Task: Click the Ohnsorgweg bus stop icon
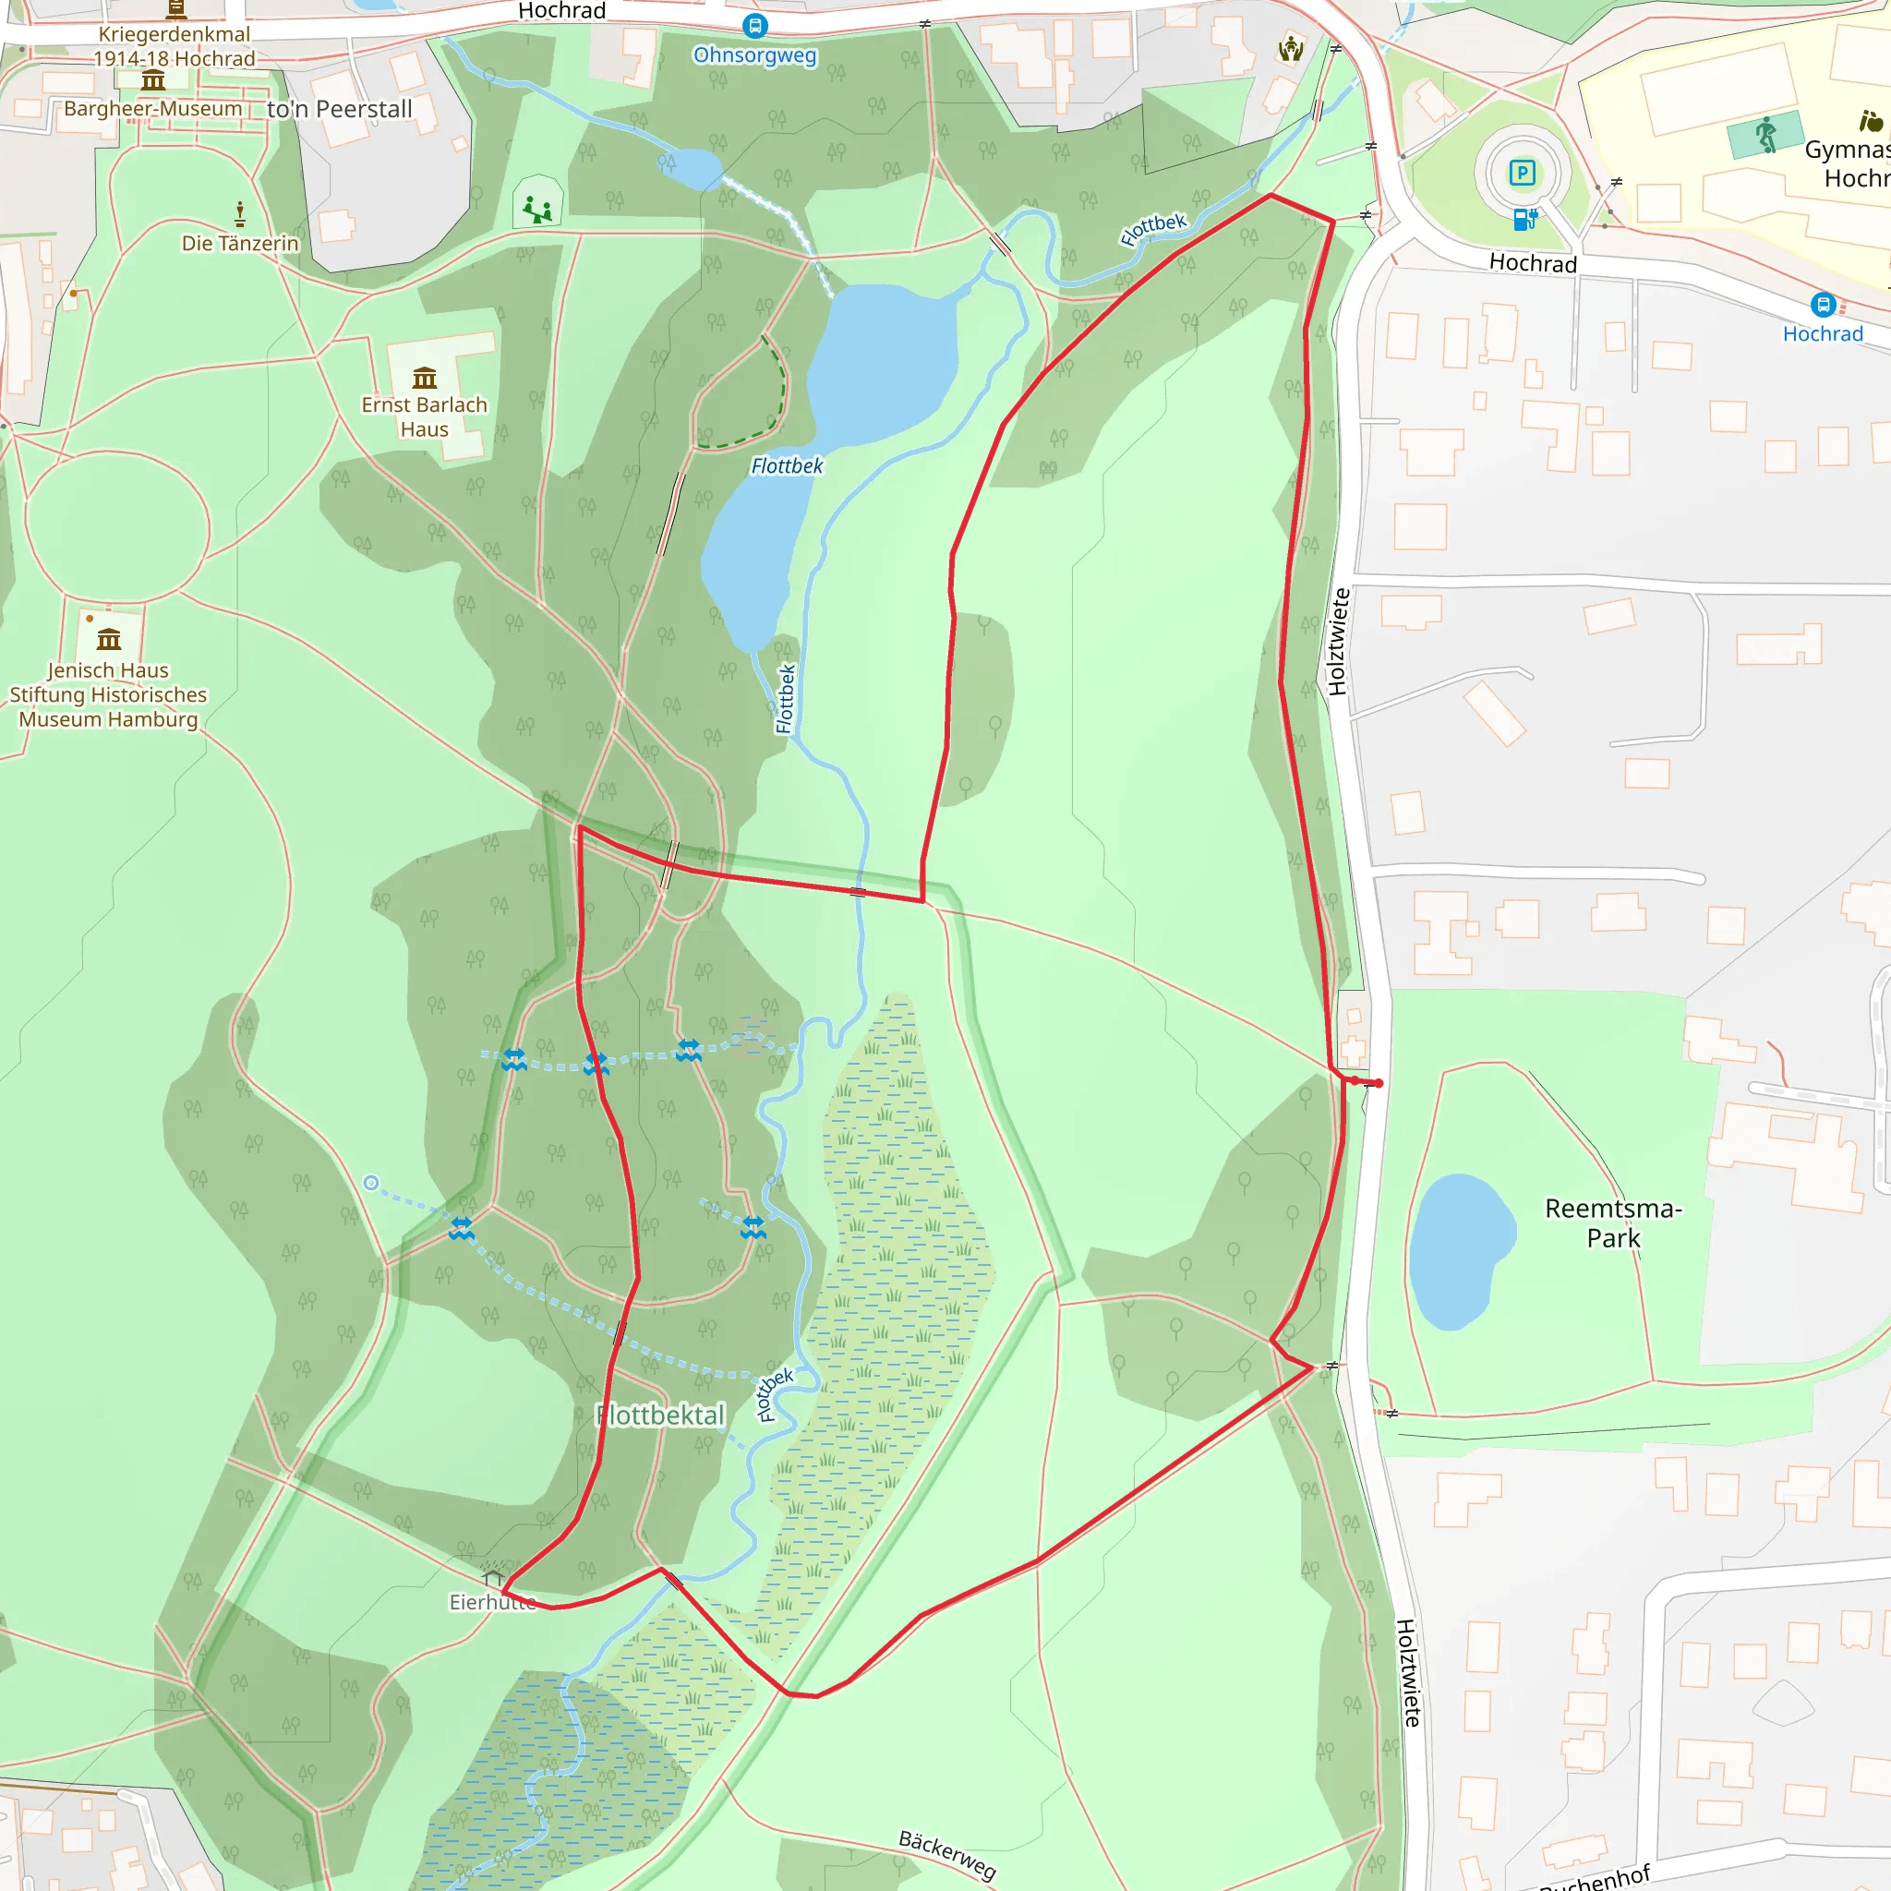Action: click(754, 27)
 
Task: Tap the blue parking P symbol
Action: click(1522, 174)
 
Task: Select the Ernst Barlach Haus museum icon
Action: click(424, 378)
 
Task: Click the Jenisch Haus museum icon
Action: click(109, 640)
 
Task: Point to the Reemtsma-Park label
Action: click(1613, 1223)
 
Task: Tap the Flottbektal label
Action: click(662, 1415)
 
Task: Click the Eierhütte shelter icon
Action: click(494, 1577)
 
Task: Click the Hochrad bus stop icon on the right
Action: click(1823, 305)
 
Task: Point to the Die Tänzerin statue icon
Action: click(240, 213)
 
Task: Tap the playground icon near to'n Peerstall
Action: click(537, 208)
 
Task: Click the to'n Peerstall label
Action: click(340, 110)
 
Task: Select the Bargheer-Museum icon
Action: click(152, 81)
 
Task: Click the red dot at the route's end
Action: click(1379, 1083)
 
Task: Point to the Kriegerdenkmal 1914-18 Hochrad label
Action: click(175, 46)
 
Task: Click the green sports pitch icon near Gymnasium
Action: click(1765, 134)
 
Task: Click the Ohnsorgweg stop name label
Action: click(754, 55)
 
